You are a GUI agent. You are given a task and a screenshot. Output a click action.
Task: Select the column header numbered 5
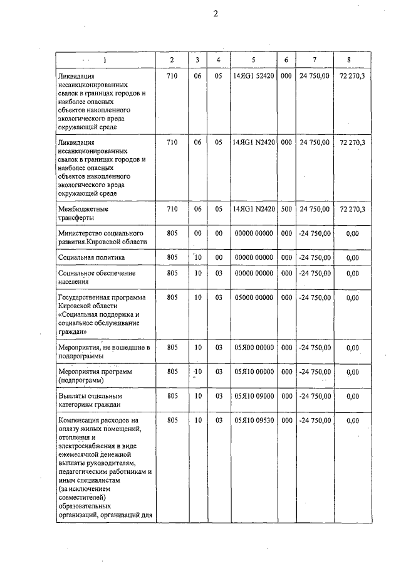click(253, 60)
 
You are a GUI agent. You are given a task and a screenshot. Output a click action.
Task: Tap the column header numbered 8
click(349, 60)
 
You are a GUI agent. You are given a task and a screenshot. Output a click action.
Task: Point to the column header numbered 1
click(105, 60)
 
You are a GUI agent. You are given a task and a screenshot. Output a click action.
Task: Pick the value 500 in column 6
click(286, 210)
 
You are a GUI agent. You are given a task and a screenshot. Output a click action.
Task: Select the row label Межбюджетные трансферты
click(83, 214)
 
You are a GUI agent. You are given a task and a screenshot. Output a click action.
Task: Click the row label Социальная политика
click(91, 257)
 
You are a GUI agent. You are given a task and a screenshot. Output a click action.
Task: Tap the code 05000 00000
click(253, 297)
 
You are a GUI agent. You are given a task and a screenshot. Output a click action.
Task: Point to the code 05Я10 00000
click(253, 372)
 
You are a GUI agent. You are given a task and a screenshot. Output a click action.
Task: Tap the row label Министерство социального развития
click(103, 237)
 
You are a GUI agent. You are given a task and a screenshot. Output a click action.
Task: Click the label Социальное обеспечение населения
click(96, 277)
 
